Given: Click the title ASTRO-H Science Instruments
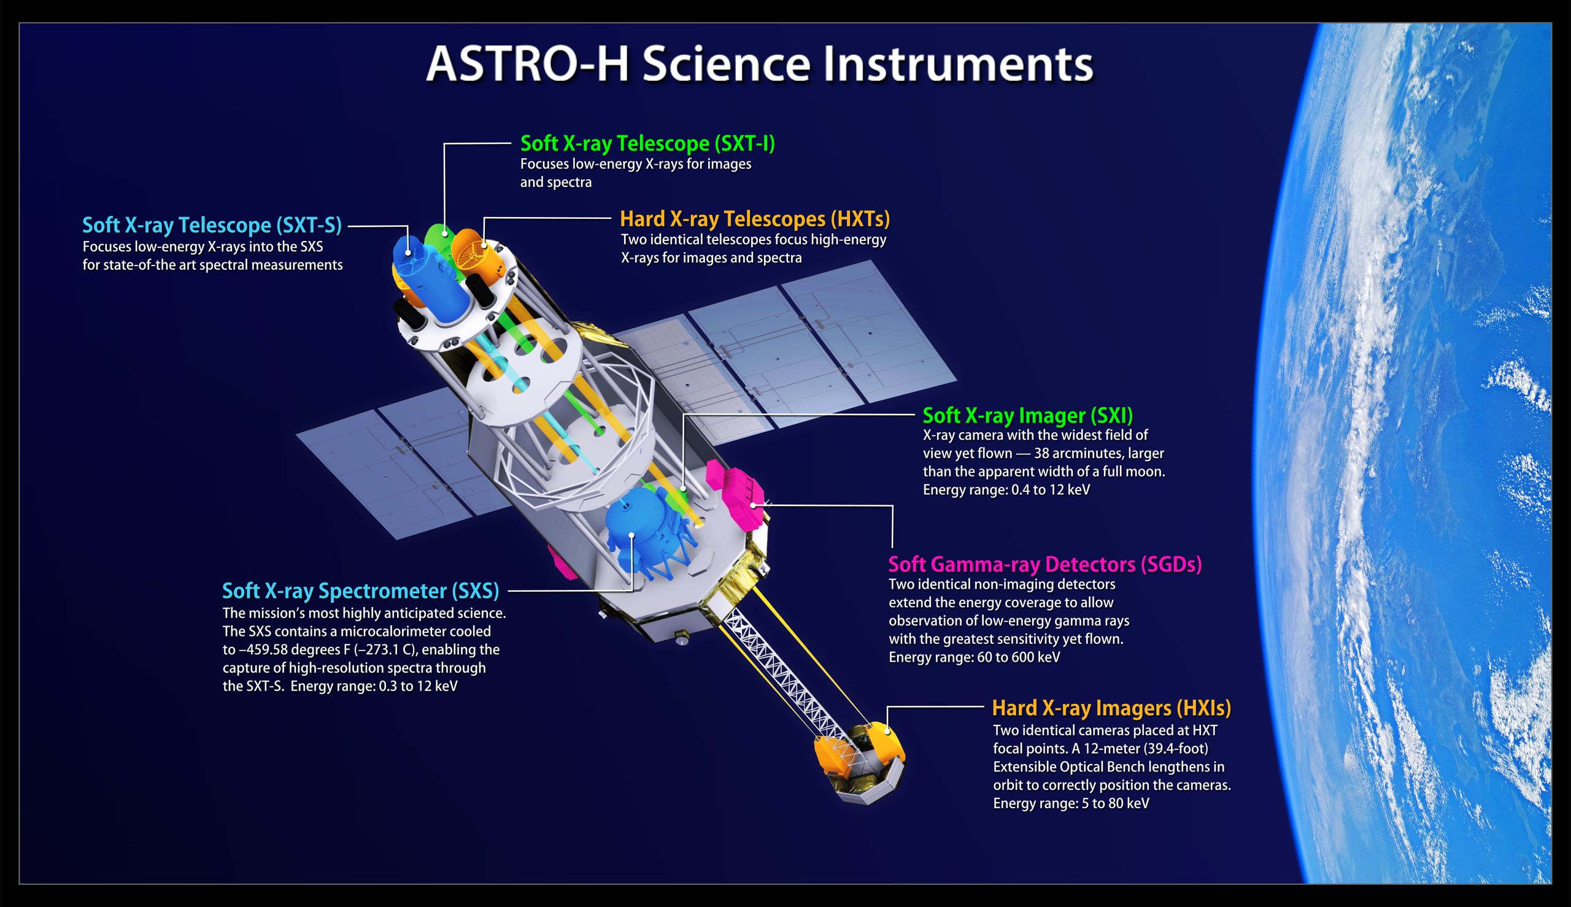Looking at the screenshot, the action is click(x=760, y=64).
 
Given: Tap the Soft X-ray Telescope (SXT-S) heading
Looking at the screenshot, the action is click(x=212, y=225).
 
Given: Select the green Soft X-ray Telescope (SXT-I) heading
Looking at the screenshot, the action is click(x=647, y=144).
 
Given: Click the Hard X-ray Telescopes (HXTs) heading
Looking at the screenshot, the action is click(x=755, y=219).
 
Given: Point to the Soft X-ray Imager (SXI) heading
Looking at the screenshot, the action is click(x=1028, y=415).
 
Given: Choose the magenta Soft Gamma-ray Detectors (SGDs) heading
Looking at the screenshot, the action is click(x=1044, y=564).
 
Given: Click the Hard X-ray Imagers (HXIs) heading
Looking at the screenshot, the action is click(x=1111, y=708).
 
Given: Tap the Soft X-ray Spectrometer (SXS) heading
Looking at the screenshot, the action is click(x=361, y=591).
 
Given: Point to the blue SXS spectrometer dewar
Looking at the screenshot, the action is click(x=636, y=526).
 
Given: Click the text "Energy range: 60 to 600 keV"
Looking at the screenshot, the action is click(x=974, y=657).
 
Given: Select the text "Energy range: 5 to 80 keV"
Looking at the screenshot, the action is click(x=1071, y=803).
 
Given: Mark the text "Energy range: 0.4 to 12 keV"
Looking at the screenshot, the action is click(x=1006, y=489).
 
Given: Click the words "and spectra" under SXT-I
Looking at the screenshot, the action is click(x=556, y=183).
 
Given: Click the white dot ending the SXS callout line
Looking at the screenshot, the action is click(x=632, y=535).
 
